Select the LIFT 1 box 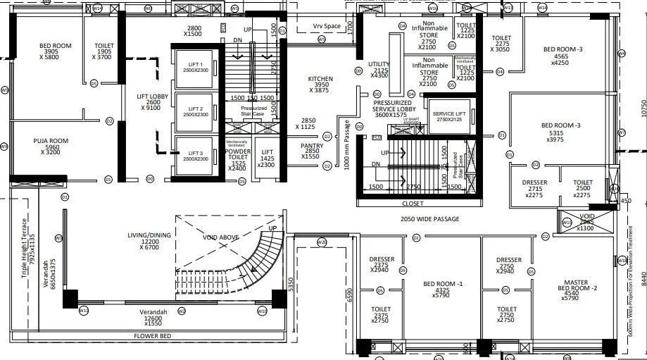pyautogui.click(x=193, y=67)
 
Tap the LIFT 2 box pyautogui.click(x=193, y=111)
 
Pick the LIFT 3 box pyautogui.click(x=193, y=156)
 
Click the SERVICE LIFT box pyautogui.click(x=448, y=116)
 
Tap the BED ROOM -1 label pyautogui.click(x=443, y=288)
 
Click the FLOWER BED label pyautogui.click(x=153, y=336)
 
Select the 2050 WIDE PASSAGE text pyautogui.click(x=429, y=219)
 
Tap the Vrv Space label pyautogui.click(x=327, y=26)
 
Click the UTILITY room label pyautogui.click(x=379, y=70)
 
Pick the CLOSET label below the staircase pyautogui.click(x=413, y=203)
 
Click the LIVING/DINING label pyautogui.click(x=149, y=240)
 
